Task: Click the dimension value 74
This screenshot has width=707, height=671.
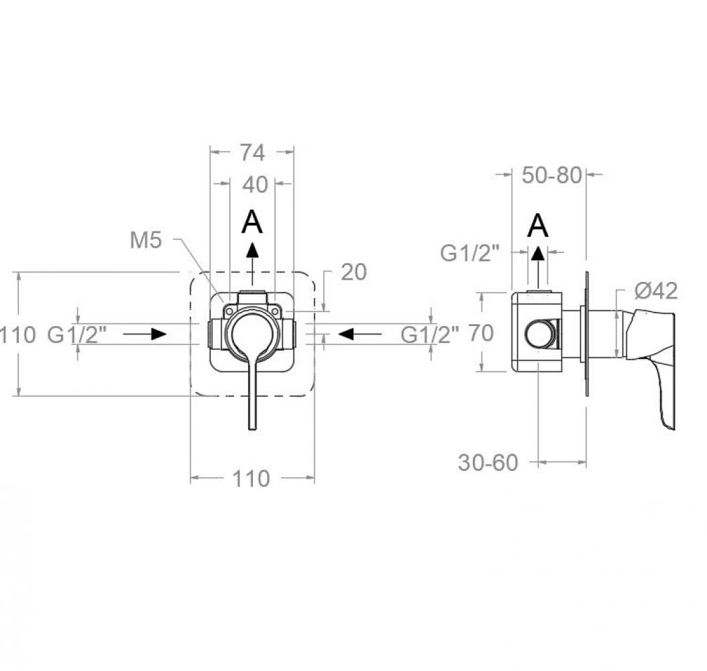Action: click(x=252, y=152)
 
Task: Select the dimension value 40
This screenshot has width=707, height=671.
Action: click(x=255, y=185)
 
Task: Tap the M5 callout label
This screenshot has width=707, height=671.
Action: click(x=146, y=240)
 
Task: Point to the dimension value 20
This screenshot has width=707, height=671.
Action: click(x=353, y=272)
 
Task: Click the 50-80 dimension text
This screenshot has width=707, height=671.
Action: click(x=552, y=175)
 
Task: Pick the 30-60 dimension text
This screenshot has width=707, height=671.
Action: click(x=488, y=463)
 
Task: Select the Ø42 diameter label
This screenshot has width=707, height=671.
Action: click(x=656, y=291)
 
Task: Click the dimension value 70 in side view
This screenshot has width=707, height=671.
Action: click(x=481, y=333)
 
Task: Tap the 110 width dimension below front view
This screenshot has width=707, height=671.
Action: click(x=251, y=478)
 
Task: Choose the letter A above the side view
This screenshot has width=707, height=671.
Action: click(x=538, y=226)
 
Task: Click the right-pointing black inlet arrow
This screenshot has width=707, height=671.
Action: click(x=145, y=334)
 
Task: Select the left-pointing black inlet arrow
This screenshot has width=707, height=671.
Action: click(x=360, y=334)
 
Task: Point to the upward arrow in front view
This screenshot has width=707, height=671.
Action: click(x=252, y=264)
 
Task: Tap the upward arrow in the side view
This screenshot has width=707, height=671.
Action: click(x=537, y=268)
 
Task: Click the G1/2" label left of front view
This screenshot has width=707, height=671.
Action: click(x=77, y=335)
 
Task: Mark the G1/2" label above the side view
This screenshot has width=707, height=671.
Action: click(x=470, y=254)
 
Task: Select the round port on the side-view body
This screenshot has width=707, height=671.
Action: click(x=539, y=333)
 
